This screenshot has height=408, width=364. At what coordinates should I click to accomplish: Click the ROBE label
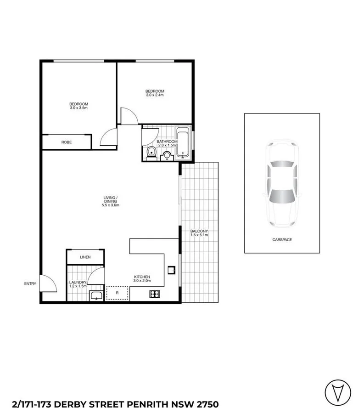(66, 142)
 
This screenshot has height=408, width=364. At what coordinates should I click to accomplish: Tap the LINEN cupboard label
(85, 257)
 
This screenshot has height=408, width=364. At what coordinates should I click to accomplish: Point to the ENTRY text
(30, 284)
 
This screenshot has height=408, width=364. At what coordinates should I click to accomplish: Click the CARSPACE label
(281, 240)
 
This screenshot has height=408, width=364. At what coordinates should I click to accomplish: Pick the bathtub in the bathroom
(183, 142)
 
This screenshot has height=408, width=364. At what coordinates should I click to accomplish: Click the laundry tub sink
(96, 295)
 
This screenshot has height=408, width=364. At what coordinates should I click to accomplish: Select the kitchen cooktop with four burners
(154, 294)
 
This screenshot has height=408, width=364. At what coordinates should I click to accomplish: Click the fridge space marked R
(117, 293)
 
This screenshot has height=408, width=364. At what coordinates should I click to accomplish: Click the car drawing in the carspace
(281, 182)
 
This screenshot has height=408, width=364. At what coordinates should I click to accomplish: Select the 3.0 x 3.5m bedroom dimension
(78, 108)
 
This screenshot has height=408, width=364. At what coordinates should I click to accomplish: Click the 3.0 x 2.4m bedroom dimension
(155, 95)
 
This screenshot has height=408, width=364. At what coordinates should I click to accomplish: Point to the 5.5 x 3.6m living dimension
(111, 205)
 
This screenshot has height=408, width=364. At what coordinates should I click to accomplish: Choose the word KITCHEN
(142, 277)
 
